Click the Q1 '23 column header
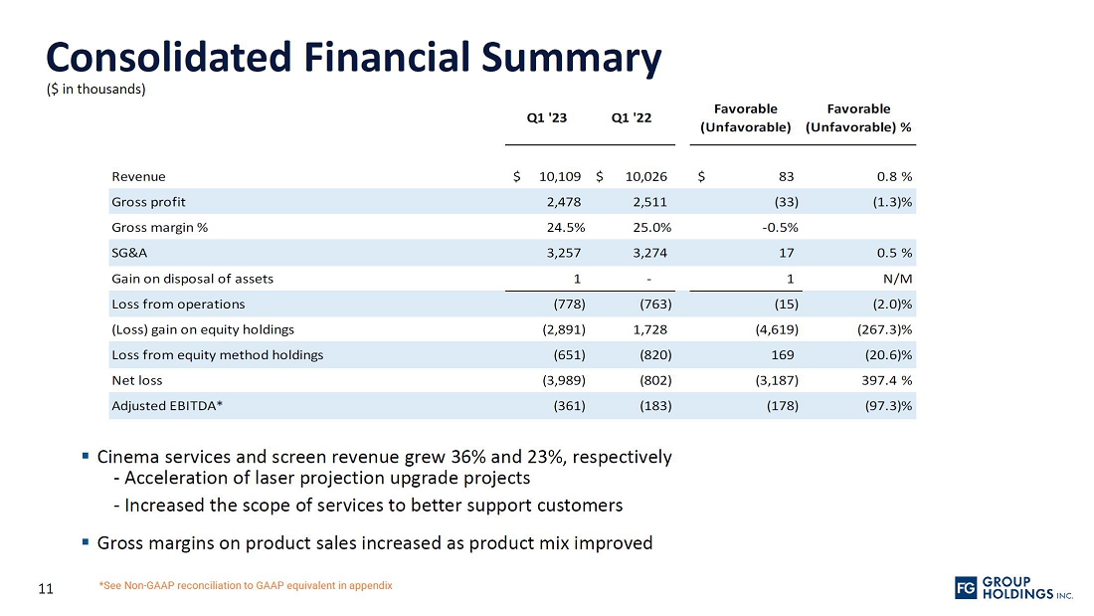pyautogui.click(x=546, y=118)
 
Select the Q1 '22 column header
pyautogui.click(x=631, y=118)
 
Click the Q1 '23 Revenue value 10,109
pyautogui.click(x=561, y=177)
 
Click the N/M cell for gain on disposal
pyautogui.click(x=898, y=279)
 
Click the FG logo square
pyautogui.click(x=965, y=588)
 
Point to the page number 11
pyautogui.click(x=45, y=588)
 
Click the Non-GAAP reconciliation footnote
pyautogui.click(x=246, y=585)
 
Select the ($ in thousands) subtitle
pyautogui.click(x=96, y=90)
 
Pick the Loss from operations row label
pyautogui.click(x=178, y=304)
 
